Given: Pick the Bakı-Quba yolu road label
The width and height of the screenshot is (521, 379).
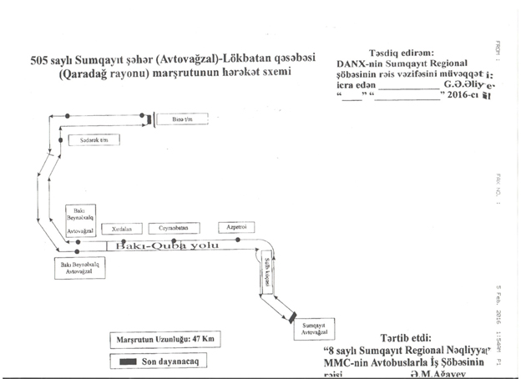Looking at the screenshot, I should click(173, 247).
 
